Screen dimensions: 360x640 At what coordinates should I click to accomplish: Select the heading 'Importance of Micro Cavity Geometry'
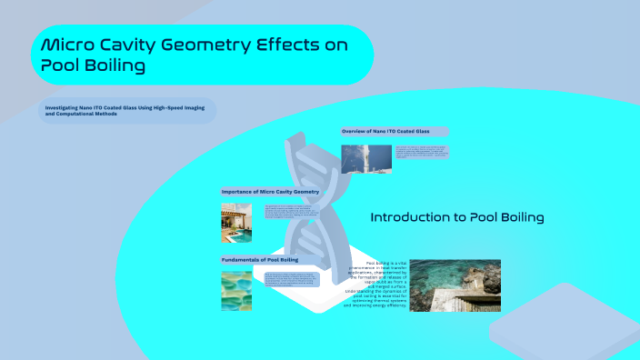[x=270, y=192]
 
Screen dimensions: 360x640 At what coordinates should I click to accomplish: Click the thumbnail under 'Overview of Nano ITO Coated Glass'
[x=367, y=158]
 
